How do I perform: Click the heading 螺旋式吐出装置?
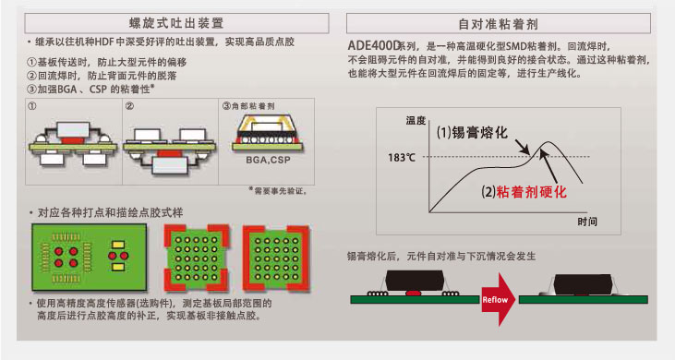tap(176, 23)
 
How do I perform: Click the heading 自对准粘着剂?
tap(498, 24)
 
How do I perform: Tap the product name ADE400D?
tap(374, 45)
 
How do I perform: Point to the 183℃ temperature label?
tap(402, 158)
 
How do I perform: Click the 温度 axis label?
tap(416, 120)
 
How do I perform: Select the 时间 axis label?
tap(587, 222)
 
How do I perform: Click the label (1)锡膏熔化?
tap(472, 133)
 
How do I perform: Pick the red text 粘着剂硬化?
tap(531, 191)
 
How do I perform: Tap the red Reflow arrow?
tap(498, 299)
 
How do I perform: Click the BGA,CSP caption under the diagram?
tap(268, 160)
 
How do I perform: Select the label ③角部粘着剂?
tap(248, 106)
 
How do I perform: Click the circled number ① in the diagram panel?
tap(32, 106)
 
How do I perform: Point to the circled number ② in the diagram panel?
tap(129, 106)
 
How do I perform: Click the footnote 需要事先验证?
tap(278, 190)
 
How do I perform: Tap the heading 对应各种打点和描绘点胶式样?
tap(110, 212)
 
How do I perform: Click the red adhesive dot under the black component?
tap(413, 294)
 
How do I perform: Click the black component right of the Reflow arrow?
tap(583, 284)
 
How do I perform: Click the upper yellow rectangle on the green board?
tap(118, 246)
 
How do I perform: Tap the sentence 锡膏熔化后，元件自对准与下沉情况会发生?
tap(441, 257)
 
